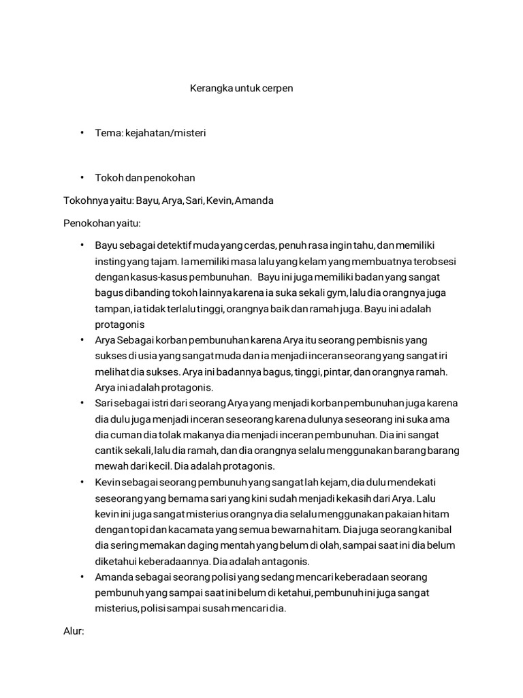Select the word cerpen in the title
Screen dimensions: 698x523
click(x=278, y=89)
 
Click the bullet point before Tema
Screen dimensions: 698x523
click(x=81, y=133)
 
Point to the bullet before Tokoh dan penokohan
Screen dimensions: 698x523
click(x=81, y=178)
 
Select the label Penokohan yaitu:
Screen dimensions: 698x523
click(x=101, y=223)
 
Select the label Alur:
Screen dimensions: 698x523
click(x=74, y=631)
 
